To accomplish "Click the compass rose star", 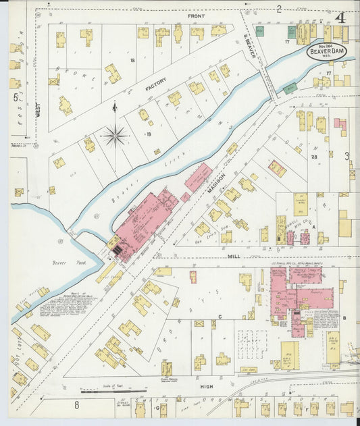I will [x=115, y=136].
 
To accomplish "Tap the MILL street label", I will [x=234, y=257].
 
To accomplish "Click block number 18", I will [x=132, y=61].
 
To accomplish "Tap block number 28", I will [x=314, y=157].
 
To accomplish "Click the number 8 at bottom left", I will [x=76, y=405].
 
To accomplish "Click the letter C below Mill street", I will [x=220, y=316].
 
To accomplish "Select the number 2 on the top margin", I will [x=278, y=9].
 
